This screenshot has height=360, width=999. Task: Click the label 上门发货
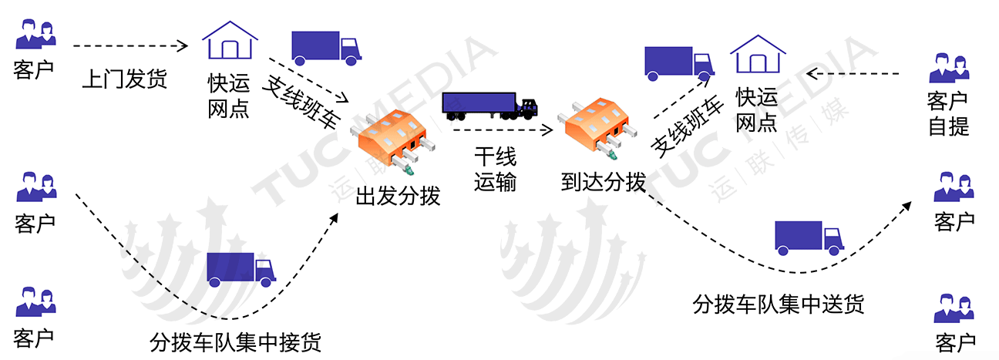coord(124,79)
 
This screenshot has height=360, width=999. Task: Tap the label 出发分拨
coord(398,196)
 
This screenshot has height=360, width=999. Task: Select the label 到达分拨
coord(603,183)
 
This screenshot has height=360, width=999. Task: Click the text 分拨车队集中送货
coord(779,304)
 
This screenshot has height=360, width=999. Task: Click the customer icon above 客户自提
coord(948,68)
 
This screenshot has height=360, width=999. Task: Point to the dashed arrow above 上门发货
coord(130,46)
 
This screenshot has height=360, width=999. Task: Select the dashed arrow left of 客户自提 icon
coord(856,74)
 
